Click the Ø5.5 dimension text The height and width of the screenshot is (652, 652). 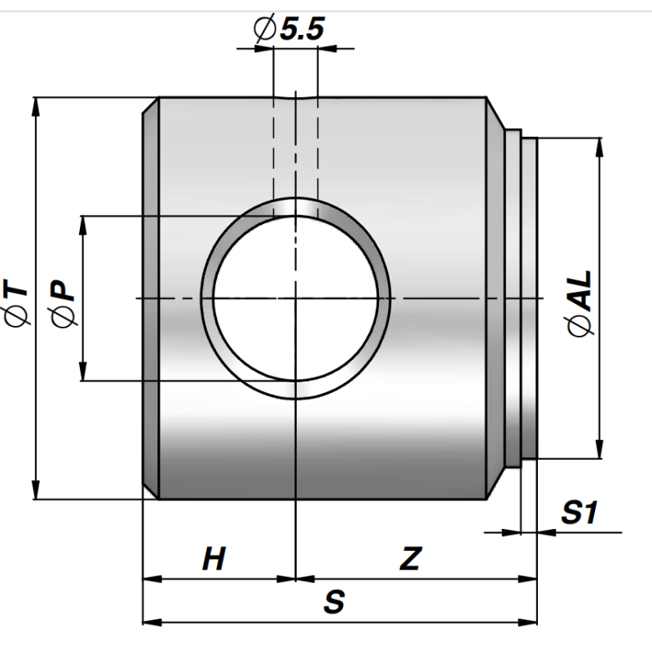pyautogui.click(x=289, y=29)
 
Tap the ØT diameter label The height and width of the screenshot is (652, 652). pyautogui.click(x=15, y=302)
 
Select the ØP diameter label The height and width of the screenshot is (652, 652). pyautogui.click(x=63, y=303)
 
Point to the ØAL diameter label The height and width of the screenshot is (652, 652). pyautogui.click(x=579, y=303)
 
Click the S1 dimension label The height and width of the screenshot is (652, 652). pyautogui.click(x=579, y=512)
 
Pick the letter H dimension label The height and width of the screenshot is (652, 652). pyautogui.click(x=214, y=558)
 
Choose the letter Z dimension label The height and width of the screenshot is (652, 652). pyautogui.click(x=411, y=558)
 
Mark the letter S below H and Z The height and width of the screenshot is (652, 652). pyautogui.click(x=334, y=601)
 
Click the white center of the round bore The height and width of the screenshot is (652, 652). pyautogui.click(x=296, y=298)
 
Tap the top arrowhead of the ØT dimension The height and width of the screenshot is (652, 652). pyautogui.click(x=36, y=107)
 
